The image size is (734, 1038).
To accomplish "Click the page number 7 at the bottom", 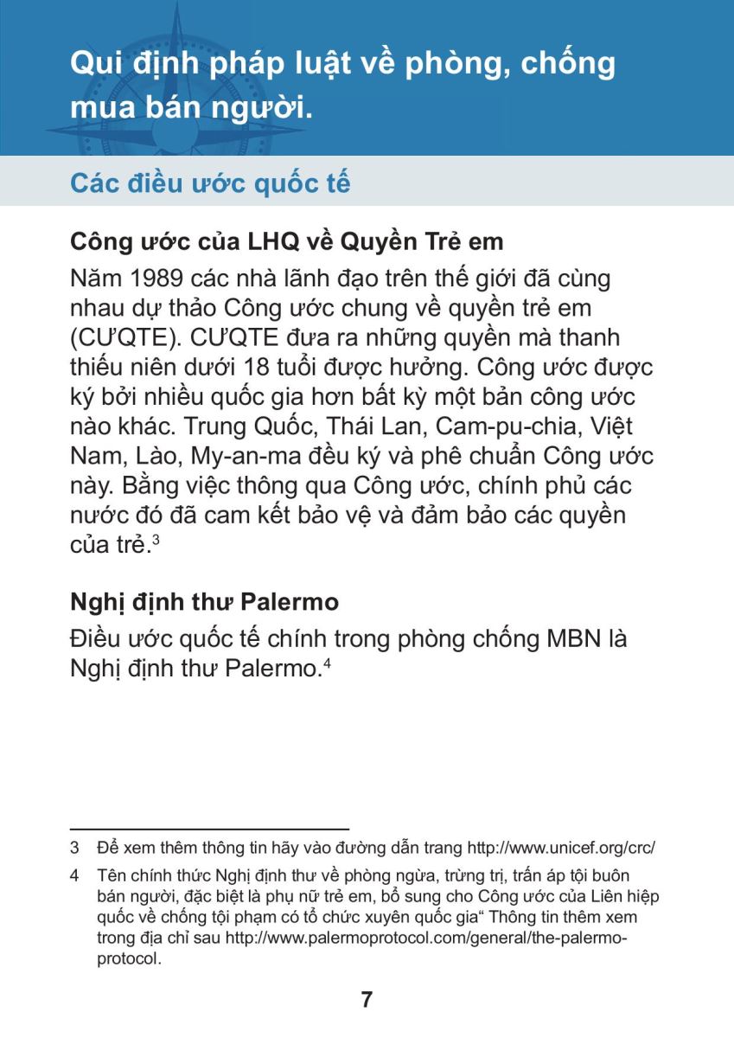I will (x=367, y=1001).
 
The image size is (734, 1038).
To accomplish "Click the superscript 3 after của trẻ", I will (x=155, y=538).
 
